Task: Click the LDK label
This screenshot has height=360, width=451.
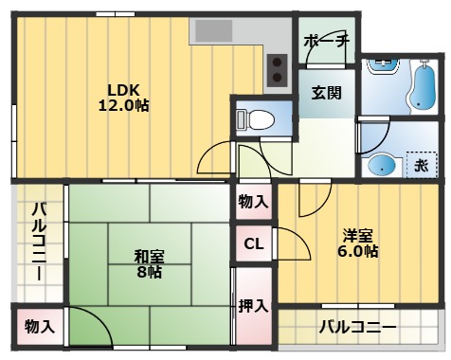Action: click(124, 90)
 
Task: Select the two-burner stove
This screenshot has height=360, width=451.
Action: click(278, 67)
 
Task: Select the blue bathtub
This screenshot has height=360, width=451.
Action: click(416, 86)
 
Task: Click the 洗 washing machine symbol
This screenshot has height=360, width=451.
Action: click(420, 165)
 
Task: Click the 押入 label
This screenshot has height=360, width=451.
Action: click(253, 305)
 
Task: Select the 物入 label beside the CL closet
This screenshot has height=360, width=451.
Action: click(253, 201)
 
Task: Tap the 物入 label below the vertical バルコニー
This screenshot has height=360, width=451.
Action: click(39, 327)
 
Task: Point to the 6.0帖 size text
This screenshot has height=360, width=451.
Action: click(358, 252)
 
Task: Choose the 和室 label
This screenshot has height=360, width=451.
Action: click(148, 255)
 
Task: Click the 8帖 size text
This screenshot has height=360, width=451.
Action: click(148, 272)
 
